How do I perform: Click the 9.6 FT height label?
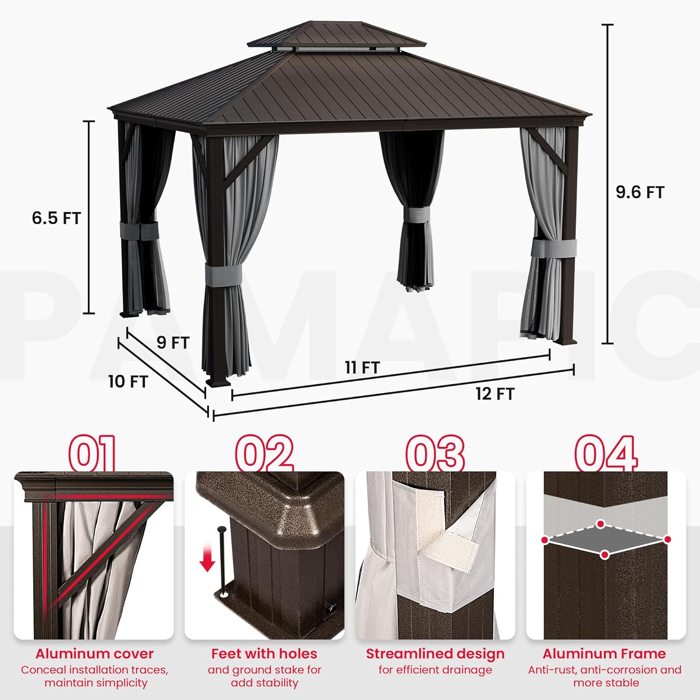tap(639, 192)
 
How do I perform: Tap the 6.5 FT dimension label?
tap(56, 218)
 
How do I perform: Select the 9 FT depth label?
tap(173, 343)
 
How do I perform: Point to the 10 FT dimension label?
tap(128, 382)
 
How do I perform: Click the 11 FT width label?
tap(362, 368)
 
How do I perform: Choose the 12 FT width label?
tap(495, 394)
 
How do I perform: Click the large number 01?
tap(92, 453)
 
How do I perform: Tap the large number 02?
tap(264, 453)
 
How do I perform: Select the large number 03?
tap(435, 453)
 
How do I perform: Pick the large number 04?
tap(606, 453)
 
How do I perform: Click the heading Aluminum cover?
tap(94, 654)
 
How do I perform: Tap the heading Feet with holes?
tap(264, 654)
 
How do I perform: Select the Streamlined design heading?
tap(435, 654)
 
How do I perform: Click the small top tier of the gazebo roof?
tap(336, 35)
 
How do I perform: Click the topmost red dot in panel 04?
tap(601, 524)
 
